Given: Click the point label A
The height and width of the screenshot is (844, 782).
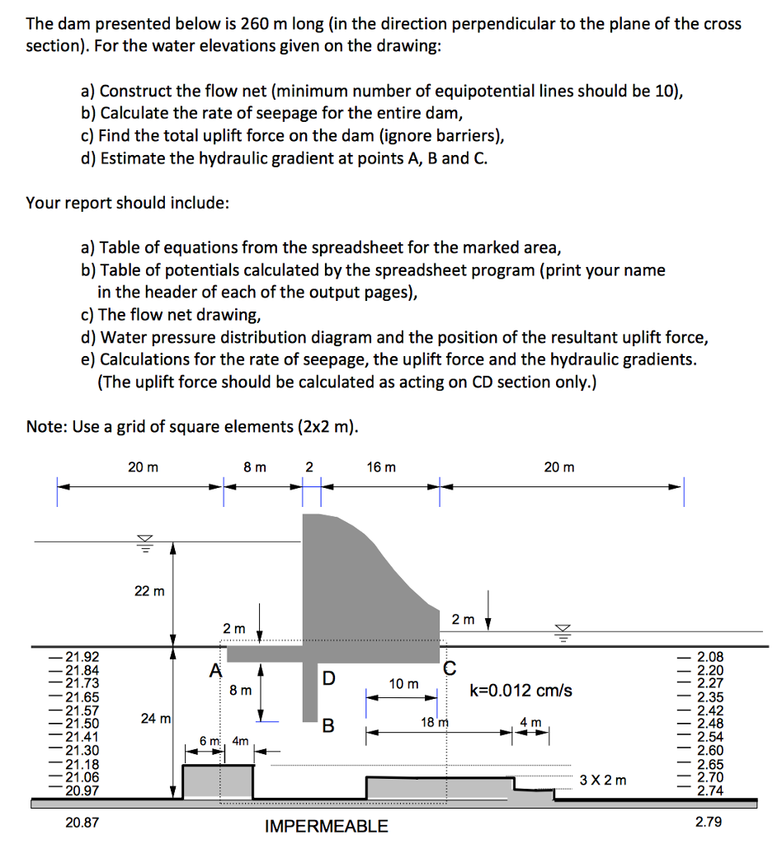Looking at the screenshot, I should pyautogui.click(x=215, y=670).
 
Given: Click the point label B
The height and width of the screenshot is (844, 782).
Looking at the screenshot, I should pyautogui.click(x=328, y=725).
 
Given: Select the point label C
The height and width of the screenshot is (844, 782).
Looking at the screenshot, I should pyautogui.click(x=450, y=668).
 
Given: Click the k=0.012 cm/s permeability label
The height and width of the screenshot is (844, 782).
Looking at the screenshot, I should pyautogui.click(x=521, y=690).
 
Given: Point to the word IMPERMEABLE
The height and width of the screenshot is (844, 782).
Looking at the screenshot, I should pyautogui.click(x=326, y=826).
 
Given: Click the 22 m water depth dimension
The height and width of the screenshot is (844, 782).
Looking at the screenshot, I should pyautogui.click(x=149, y=591).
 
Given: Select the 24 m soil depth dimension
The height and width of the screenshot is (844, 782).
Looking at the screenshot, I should pyautogui.click(x=154, y=719).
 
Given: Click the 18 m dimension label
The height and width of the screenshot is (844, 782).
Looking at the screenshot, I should pyautogui.click(x=432, y=723).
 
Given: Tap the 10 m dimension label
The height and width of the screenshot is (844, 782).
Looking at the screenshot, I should pyautogui.click(x=404, y=683).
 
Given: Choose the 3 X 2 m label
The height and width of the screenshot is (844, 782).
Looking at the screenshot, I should pyautogui.click(x=603, y=780).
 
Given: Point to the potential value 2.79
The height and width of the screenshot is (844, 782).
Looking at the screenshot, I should pyautogui.click(x=709, y=822).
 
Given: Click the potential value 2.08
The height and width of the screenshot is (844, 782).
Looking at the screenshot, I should pyautogui.click(x=710, y=656).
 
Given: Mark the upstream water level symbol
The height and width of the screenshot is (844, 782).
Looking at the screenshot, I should pyautogui.click(x=145, y=542).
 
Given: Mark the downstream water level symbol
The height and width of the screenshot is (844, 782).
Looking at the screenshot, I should pyautogui.click(x=563, y=632).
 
